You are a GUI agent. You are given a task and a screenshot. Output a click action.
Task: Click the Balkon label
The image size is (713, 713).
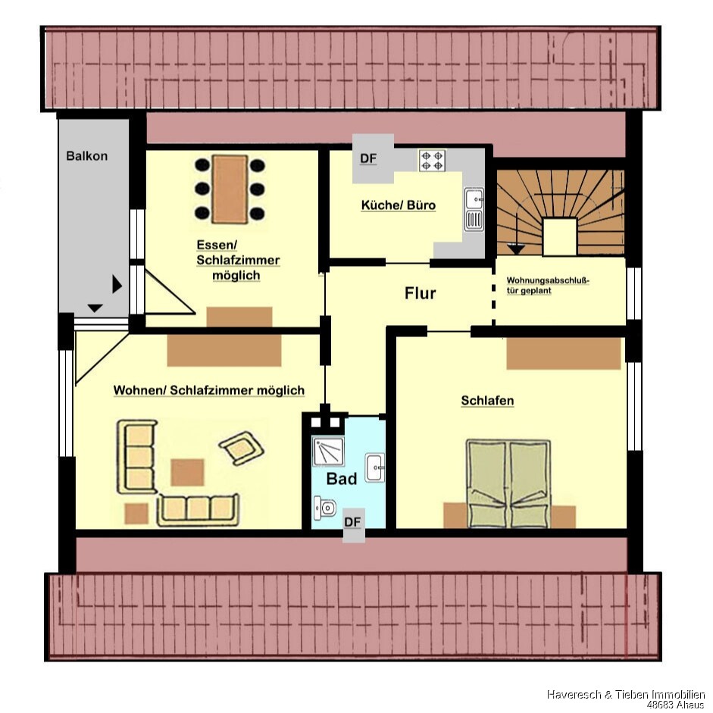[87, 156]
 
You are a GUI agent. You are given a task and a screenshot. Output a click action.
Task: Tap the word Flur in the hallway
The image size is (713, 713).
[421, 293]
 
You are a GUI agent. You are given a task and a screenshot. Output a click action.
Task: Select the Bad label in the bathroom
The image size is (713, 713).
[342, 478]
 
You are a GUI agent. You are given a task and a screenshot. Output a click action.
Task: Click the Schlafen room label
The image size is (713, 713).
[487, 401]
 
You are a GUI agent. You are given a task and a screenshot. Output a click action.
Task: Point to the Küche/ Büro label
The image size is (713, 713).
[399, 205]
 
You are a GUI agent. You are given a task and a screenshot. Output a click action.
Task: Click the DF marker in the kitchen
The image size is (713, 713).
[368, 158]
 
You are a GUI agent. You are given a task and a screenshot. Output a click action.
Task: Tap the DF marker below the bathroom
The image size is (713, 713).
[352, 522]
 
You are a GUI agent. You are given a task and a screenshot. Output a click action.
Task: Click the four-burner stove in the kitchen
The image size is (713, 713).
[432, 161]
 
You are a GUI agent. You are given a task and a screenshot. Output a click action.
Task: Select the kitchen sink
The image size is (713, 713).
[474, 209]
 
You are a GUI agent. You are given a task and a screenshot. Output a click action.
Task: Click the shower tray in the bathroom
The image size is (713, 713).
[328, 451]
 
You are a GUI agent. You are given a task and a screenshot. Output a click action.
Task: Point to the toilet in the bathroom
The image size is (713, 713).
[324, 508]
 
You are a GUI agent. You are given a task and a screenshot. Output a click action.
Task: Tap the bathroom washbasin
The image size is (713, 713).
[375, 467]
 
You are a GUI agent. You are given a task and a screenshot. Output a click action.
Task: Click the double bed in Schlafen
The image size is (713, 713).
[509, 483]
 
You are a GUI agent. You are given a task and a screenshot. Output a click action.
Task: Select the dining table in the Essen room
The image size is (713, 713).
[230, 189]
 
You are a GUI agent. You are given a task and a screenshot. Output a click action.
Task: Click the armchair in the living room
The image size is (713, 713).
[242, 448]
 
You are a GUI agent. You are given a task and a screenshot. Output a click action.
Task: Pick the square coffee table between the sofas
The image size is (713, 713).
[187, 472]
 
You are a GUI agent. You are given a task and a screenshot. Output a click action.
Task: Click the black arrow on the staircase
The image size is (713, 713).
[516, 249]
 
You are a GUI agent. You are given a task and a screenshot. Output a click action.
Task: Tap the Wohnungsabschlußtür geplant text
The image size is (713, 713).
[548, 286]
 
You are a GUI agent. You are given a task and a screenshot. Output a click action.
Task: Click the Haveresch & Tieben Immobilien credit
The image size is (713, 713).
[625, 694]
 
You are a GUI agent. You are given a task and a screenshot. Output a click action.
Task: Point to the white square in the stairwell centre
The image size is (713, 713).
[560, 236]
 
